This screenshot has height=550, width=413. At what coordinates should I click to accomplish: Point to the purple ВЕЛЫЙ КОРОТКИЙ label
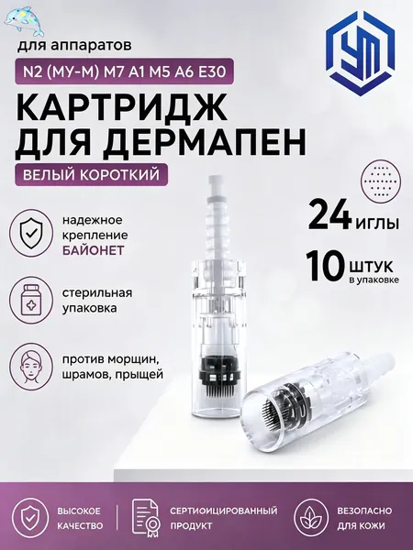[x=91, y=174]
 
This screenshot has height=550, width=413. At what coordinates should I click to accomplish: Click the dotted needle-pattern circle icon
[x=381, y=182]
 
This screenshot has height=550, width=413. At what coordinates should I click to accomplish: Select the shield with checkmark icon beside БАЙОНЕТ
[x=31, y=234]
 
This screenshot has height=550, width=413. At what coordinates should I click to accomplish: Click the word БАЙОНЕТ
[x=94, y=250]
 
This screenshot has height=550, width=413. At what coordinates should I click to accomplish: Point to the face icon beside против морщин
[x=31, y=366]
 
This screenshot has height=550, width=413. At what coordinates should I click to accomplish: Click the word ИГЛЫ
[x=376, y=223]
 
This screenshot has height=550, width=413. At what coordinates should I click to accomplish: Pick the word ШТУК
[x=371, y=268]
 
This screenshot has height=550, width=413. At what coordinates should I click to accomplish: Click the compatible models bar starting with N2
[x=123, y=71]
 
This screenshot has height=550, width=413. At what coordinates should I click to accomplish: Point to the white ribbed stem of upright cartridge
[x=219, y=225]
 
